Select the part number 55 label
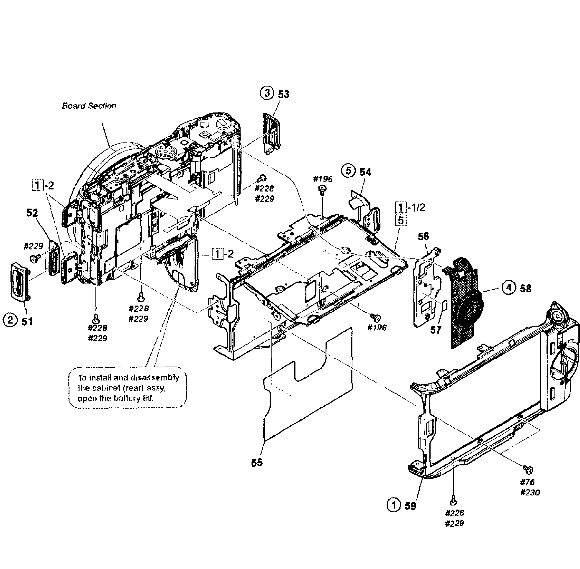coord(257,463)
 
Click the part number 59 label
coord(410,506)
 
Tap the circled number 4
coord(509,288)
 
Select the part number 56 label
coord(423,236)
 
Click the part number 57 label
coord(436,330)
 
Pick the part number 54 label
coord(365,172)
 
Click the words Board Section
coord(89,106)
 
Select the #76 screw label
coord(527,482)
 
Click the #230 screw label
coord(530,492)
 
